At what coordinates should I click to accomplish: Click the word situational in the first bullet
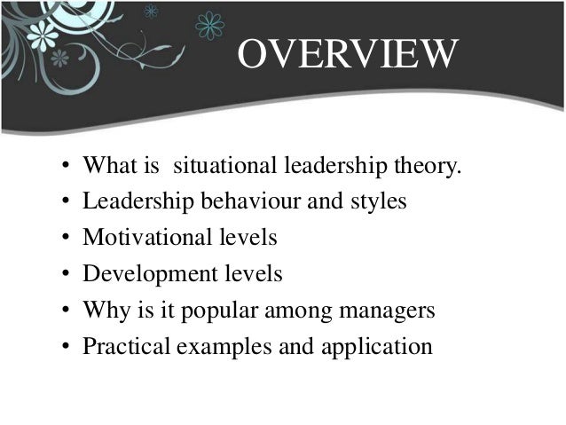tap(224, 166)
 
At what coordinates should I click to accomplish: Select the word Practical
tap(125, 346)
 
